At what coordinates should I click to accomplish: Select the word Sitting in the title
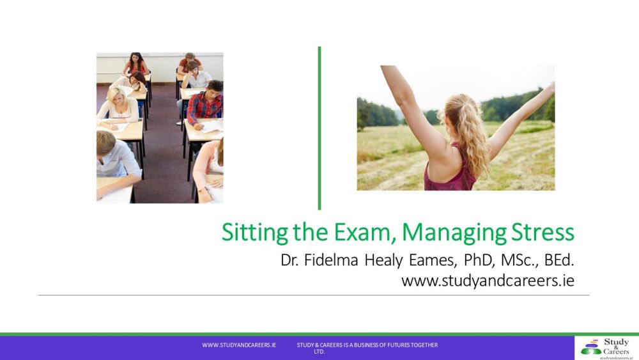coord(245,231)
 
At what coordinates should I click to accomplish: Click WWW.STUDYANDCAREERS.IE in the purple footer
coord(239,345)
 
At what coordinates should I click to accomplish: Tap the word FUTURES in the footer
coord(394,345)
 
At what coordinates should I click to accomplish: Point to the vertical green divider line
coord(319,128)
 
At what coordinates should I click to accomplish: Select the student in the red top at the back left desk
coord(136,63)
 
